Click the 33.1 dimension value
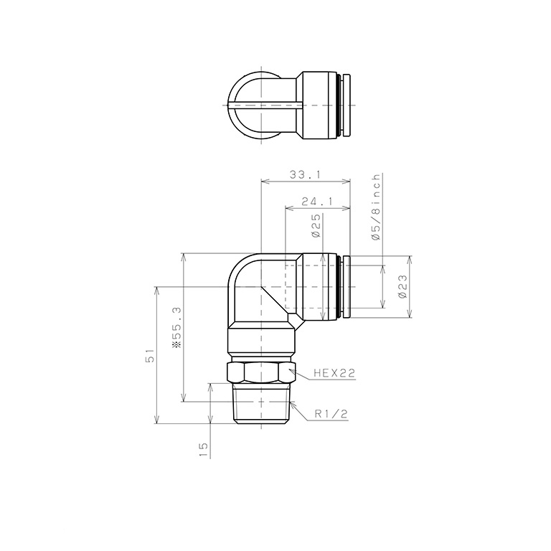[305, 174]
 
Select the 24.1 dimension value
[316, 202]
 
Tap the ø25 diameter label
[316, 225]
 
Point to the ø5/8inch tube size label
[377, 207]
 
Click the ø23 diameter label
[402, 286]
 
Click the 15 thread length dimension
[203, 449]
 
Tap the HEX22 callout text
[334, 373]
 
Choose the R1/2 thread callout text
[331, 414]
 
